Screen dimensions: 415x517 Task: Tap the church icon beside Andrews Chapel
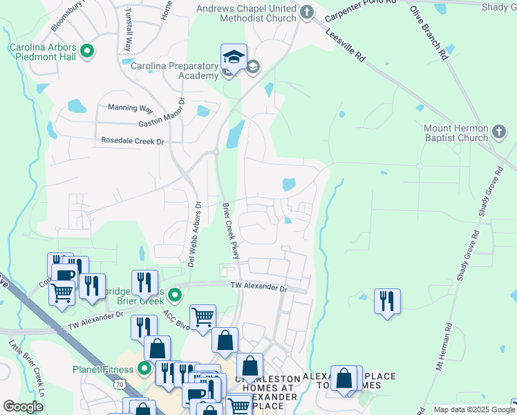[x=308, y=12]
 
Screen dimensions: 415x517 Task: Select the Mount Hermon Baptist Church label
[x=456, y=133]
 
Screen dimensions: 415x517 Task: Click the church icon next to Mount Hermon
[x=498, y=130]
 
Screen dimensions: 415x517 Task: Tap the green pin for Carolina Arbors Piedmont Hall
[x=87, y=50]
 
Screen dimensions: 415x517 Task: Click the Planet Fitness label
[x=104, y=369]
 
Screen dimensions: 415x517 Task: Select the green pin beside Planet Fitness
[x=144, y=368]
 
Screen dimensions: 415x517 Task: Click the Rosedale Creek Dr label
[x=132, y=141]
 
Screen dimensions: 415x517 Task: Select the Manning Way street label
[x=130, y=109]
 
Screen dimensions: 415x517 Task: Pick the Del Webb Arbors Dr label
[x=194, y=234]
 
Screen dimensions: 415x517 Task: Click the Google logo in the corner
[x=23, y=407]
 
